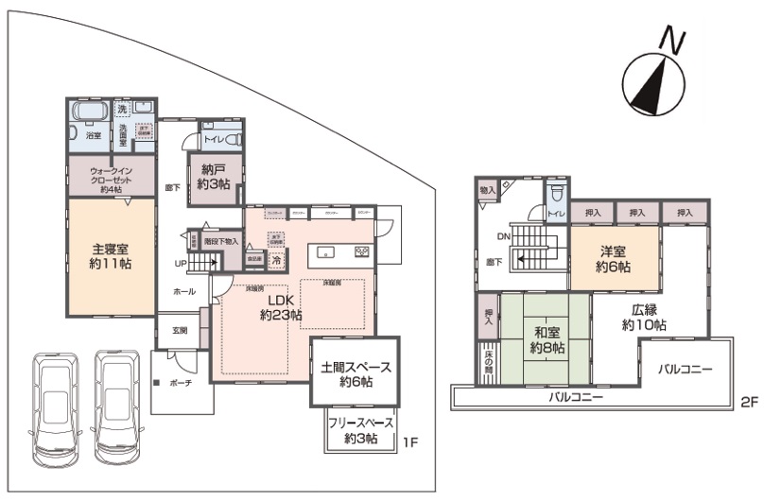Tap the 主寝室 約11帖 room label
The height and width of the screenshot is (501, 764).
(112, 255)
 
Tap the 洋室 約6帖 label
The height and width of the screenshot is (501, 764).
(612, 259)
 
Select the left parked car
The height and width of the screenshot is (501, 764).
(55, 407)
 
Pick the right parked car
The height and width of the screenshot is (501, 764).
(117, 407)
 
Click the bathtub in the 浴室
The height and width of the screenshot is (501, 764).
(90, 116)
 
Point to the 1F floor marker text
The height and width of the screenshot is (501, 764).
(411, 442)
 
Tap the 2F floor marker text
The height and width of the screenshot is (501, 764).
(749, 402)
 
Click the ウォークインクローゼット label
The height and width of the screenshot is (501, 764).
(112, 178)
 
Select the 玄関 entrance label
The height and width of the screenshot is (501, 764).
(180, 331)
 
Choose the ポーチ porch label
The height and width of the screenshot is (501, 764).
(182, 385)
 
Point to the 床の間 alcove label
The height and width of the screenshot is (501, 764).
(487, 359)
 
